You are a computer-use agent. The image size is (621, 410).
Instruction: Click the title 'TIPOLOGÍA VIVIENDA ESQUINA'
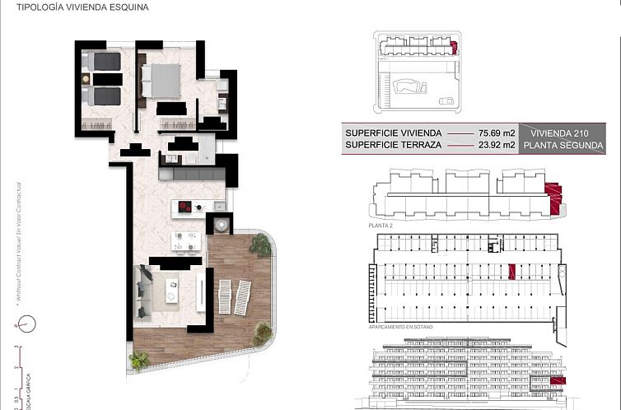tap(77, 9)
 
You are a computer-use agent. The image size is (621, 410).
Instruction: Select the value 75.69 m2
tap(497, 133)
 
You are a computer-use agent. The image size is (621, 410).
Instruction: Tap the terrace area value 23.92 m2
tap(497, 145)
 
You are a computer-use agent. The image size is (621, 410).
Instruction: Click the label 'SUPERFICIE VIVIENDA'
tap(394, 133)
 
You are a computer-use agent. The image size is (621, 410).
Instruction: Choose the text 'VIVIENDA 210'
tap(559, 133)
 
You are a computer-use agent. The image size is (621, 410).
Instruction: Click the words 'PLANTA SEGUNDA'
tap(559, 145)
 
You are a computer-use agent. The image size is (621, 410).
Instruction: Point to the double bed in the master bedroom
tap(162, 81)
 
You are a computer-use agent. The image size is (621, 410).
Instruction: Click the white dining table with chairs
tap(185, 240)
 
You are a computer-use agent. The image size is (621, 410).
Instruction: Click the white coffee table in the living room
tap(173, 289)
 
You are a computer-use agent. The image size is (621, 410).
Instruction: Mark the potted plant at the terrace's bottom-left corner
tap(139, 360)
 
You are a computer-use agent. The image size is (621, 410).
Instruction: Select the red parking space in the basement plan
tap(511, 271)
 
